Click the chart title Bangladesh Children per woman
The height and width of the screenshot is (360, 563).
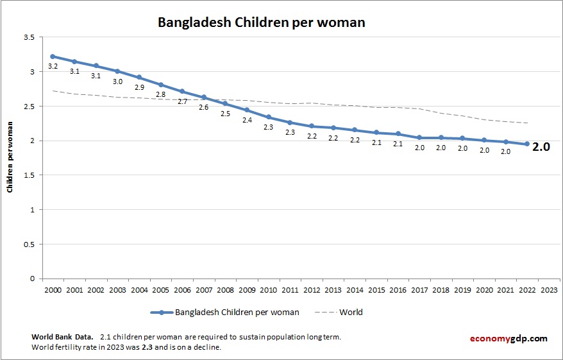pyautogui.click(x=262, y=22)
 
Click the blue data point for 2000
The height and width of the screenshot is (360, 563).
pyautogui.click(x=53, y=56)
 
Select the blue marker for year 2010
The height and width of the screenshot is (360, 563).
pyautogui.click(x=268, y=117)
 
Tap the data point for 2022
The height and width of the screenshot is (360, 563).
pyautogui.click(x=527, y=144)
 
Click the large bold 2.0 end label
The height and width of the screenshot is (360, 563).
pyautogui.click(x=542, y=146)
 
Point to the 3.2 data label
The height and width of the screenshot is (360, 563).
pyautogui.click(x=53, y=66)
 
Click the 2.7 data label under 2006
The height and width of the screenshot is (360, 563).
pyautogui.click(x=182, y=101)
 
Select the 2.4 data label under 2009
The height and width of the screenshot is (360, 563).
pyautogui.click(x=247, y=120)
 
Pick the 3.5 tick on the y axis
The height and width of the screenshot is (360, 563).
pyautogui.click(x=28, y=38)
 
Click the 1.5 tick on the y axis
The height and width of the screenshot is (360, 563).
pyautogui.click(x=28, y=175)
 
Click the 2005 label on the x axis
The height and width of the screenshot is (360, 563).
pyautogui.click(x=160, y=289)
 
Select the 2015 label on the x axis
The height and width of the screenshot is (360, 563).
pyautogui.click(x=376, y=289)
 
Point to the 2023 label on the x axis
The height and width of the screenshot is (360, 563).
pyautogui.click(x=549, y=289)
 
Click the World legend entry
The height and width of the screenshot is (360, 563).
pyautogui.click(x=351, y=313)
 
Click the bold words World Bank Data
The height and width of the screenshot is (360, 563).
pyautogui.click(x=62, y=337)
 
